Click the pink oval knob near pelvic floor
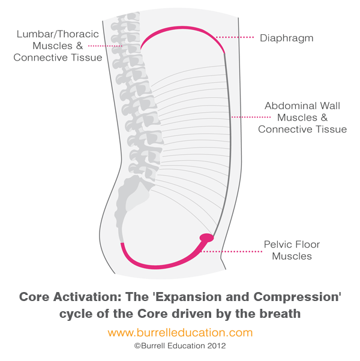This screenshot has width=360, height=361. click(x=206, y=238)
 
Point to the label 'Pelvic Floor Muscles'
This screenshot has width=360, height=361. click(x=292, y=251)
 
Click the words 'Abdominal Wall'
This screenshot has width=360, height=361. click(x=302, y=106)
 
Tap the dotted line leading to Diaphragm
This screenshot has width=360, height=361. click(x=235, y=37)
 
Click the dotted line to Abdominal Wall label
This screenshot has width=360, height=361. click(x=246, y=117)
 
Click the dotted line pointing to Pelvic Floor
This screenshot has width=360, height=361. click(x=237, y=251)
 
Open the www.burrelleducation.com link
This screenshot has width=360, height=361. click(x=180, y=332)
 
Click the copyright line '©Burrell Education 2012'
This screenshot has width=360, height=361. click(x=180, y=346)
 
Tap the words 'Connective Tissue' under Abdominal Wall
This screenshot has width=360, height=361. click(x=302, y=129)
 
